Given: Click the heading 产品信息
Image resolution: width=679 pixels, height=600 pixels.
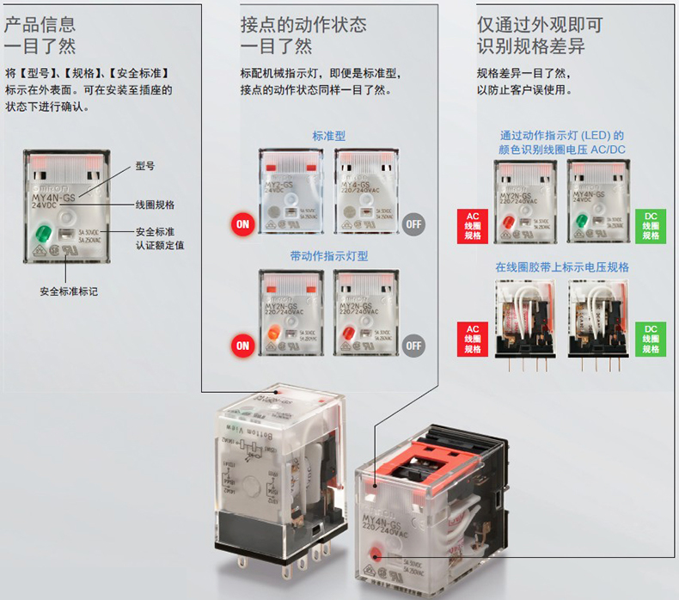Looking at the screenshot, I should pyautogui.click(x=40, y=24).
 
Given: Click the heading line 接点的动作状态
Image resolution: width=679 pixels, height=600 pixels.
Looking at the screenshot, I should pyautogui.click(x=303, y=24).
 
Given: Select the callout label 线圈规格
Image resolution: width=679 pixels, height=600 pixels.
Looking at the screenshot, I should pyautogui.click(x=155, y=205).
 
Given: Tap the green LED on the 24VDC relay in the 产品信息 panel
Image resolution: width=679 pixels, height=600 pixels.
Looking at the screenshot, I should pyautogui.click(x=40, y=233).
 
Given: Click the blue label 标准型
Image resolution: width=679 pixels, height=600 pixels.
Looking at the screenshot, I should pyautogui.click(x=329, y=136).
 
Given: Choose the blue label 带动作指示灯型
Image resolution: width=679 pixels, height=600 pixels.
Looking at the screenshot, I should pyautogui.click(x=329, y=256).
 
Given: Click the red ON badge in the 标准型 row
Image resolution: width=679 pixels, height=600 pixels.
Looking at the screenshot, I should pyautogui.click(x=242, y=224).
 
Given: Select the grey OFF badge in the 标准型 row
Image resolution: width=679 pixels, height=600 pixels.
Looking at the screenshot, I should pyautogui.click(x=414, y=224).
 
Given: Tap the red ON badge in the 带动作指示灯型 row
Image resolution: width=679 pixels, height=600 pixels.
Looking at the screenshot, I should pyautogui.click(x=242, y=346).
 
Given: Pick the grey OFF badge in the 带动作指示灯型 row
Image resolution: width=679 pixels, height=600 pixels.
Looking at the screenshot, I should pyautogui.click(x=414, y=346).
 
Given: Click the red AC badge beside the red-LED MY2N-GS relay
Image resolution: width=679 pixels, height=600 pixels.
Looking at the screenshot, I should pyautogui.click(x=473, y=225).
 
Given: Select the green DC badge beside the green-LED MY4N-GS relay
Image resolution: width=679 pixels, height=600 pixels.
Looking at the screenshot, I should pyautogui.click(x=650, y=225).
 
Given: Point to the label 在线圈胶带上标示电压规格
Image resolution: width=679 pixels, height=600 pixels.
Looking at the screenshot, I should pyautogui.click(x=562, y=267).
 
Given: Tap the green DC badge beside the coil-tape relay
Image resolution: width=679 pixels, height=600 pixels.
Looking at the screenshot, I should pyautogui.click(x=650, y=338).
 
